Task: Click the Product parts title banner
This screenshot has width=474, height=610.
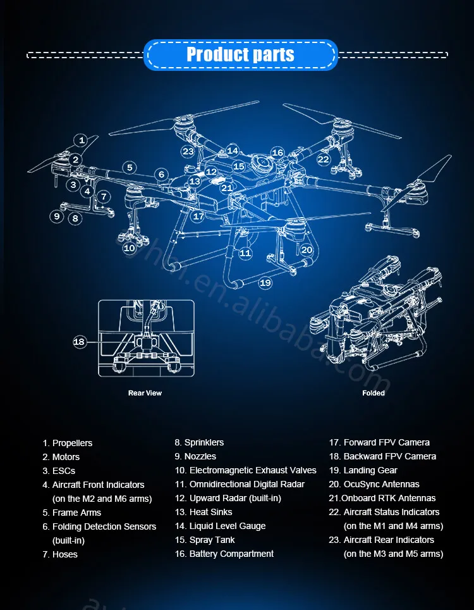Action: click(x=240, y=54)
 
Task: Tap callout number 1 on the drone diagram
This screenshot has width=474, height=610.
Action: click(x=81, y=140)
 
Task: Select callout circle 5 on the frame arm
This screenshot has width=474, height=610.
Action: click(x=130, y=168)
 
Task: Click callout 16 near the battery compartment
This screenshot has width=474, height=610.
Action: click(x=277, y=152)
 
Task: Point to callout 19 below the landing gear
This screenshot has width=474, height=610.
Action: click(x=265, y=283)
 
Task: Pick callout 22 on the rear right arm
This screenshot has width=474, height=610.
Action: click(x=324, y=159)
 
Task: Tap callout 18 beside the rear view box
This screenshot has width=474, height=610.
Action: click(x=79, y=342)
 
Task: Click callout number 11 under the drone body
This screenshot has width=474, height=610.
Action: click(x=245, y=253)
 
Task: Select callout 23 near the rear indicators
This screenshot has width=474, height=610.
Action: click(x=188, y=151)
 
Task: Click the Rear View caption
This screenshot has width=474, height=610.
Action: click(x=145, y=393)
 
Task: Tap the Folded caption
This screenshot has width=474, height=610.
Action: click(x=374, y=393)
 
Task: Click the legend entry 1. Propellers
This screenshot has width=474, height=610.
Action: click(x=68, y=443)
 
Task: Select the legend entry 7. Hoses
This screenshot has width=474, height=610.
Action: click(x=60, y=554)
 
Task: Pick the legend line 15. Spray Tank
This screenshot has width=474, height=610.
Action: click(x=205, y=540)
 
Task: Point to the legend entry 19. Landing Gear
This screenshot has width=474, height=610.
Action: click(x=363, y=470)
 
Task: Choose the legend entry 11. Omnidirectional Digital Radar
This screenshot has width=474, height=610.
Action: click(x=240, y=484)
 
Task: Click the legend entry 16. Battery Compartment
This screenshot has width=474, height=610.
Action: click(x=224, y=554)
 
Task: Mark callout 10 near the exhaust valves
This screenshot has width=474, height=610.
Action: click(x=130, y=248)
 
